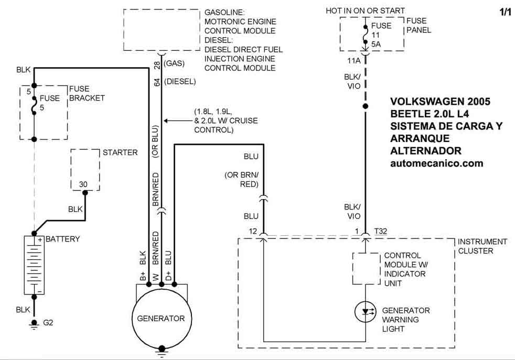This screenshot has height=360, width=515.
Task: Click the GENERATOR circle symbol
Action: tap(161, 318)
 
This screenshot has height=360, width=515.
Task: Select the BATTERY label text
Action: tap(63, 239)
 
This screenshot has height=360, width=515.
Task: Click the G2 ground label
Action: tap(48, 323)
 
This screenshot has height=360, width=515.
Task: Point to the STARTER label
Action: tap(120, 152)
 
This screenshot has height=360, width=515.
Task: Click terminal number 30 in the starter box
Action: tap(83, 184)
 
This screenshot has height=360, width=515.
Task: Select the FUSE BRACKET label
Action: tap(87, 94)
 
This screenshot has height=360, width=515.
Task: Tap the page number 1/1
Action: tap(505, 12)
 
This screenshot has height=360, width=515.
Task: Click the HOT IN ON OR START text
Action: tap(365, 10)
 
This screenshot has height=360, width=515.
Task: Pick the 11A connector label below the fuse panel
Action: tap(354, 61)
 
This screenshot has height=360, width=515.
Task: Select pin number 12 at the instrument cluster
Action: tap(253, 231)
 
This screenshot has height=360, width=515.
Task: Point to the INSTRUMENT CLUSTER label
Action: tap(482, 246)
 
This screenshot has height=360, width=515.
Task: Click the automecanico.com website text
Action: tap(437, 163)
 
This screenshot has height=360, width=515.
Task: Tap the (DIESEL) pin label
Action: tap(179, 82)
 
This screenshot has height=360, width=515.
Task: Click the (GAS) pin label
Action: tap(175, 63)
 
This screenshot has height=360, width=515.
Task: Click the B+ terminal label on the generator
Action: tap(142, 276)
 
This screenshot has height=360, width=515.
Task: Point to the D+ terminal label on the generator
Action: tap(168, 276)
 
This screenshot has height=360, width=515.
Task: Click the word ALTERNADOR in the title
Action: tap(426, 151)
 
